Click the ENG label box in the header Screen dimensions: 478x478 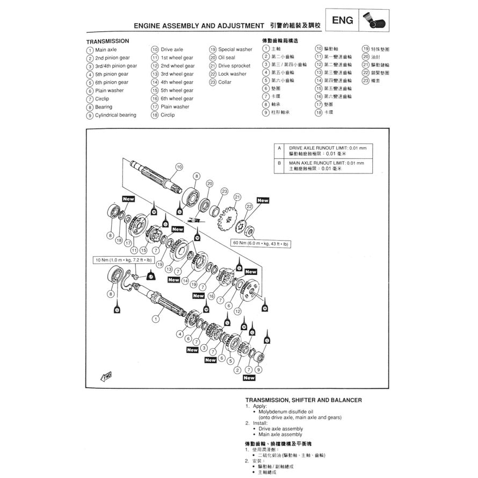[343, 21]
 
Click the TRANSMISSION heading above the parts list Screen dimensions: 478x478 [107, 41]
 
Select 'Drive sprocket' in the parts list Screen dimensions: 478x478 [234, 66]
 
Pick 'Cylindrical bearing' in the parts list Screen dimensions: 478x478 [115, 115]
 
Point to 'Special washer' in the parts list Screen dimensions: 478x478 [235, 49]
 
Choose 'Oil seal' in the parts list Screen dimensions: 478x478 [226, 57]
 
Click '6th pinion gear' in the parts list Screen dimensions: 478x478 [112, 82]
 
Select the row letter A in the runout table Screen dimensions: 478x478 [279, 148]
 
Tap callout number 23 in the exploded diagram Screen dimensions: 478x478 [223, 191]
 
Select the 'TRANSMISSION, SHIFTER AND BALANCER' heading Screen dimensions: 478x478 [303, 400]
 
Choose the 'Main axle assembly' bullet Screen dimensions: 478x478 [280, 434]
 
